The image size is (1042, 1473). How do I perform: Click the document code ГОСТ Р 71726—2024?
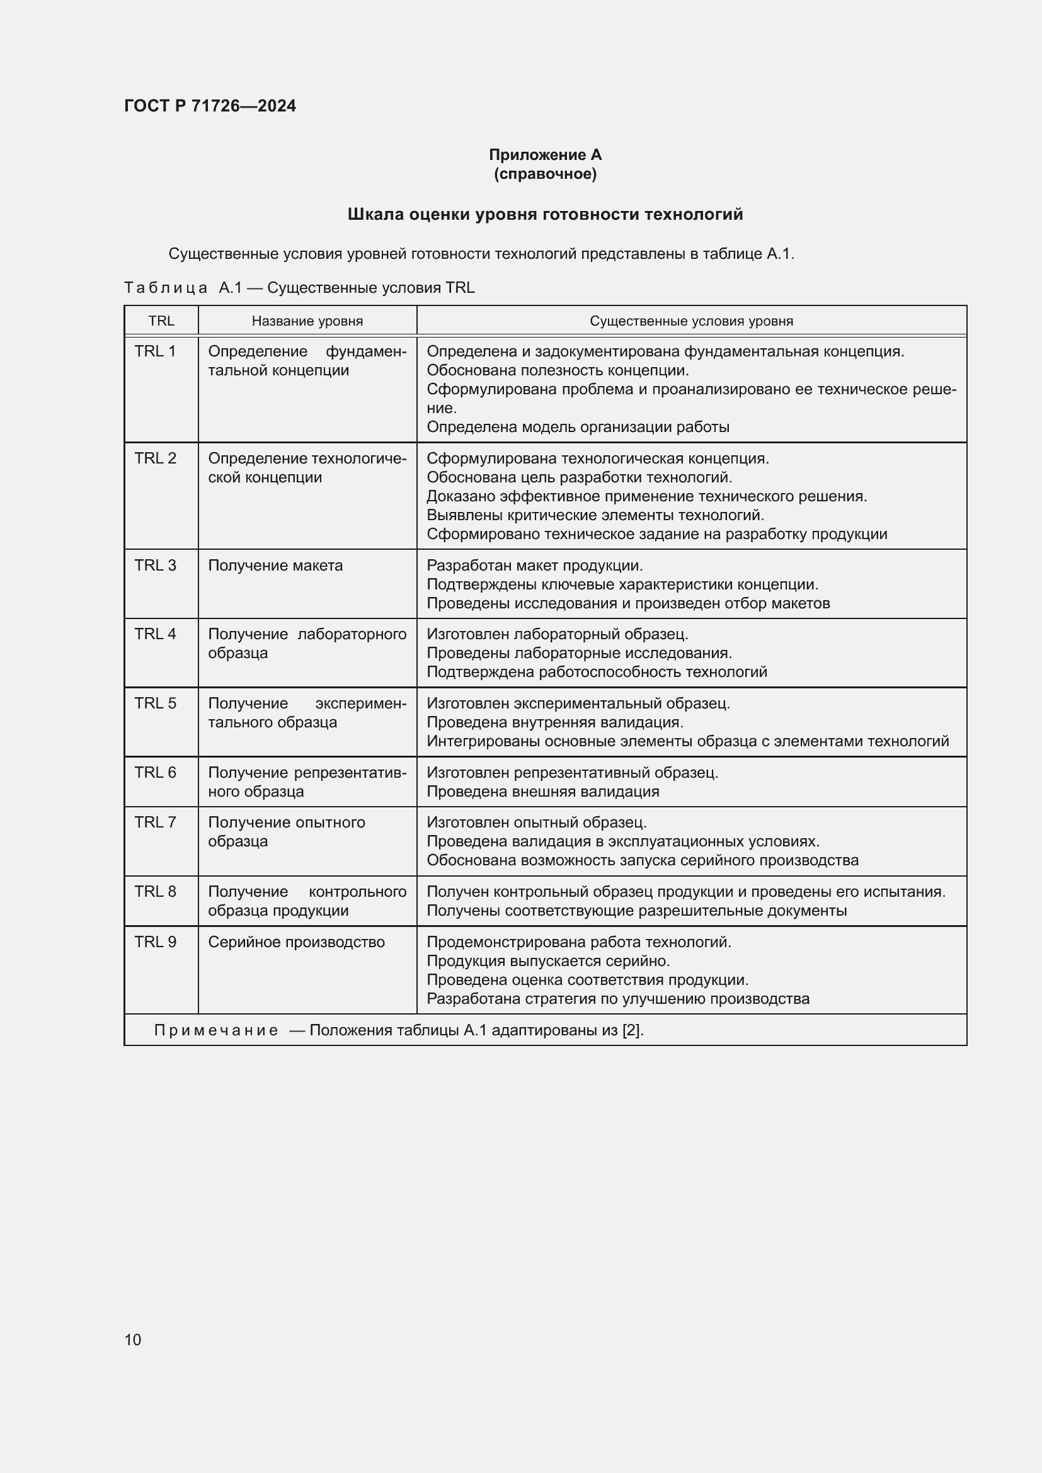coord(210,106)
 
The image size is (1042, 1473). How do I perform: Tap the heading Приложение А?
coord(545,155)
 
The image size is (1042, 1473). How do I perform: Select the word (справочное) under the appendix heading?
coord(545,174)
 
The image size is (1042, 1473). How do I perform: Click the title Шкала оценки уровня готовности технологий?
coord(545,214)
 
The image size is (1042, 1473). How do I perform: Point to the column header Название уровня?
coord(307,321)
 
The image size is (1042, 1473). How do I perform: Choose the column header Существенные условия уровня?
coord(691,321)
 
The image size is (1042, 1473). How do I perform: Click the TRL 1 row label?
coord(154,351)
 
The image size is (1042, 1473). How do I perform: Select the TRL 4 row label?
coord(154,634)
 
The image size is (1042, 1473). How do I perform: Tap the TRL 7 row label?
coord(154,822)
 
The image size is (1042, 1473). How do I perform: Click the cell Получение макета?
coord(275,565)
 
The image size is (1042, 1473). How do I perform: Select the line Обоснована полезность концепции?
coord(557,370)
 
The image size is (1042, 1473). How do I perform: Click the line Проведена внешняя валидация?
coord(543,791)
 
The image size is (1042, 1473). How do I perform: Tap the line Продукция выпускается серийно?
coord(548,961)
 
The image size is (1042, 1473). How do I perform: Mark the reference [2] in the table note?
coord(631,1030)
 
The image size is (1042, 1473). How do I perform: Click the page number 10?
coord(133,1339)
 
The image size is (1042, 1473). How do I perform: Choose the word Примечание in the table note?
coord(216,1030)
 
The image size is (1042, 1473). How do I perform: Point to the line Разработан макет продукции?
coord(534,565)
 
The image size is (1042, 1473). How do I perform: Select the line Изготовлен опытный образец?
coord(536,822)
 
